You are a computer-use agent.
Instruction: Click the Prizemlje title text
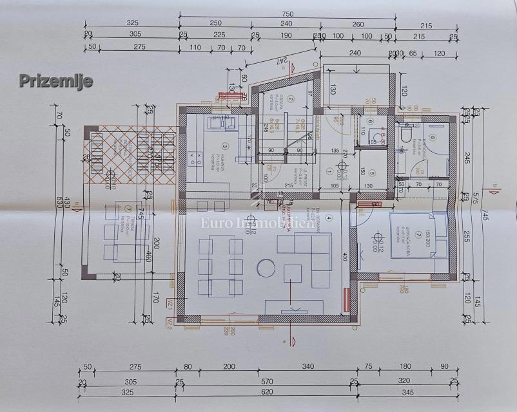(55, 80)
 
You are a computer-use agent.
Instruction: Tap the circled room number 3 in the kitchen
(226, 146)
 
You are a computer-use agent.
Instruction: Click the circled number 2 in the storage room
(291, 99)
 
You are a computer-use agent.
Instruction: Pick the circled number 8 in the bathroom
(433, 136)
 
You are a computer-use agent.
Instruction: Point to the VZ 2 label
(170, 321)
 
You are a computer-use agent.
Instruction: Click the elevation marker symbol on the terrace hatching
(111, 173)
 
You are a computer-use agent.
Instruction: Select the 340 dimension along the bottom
(307, 367)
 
